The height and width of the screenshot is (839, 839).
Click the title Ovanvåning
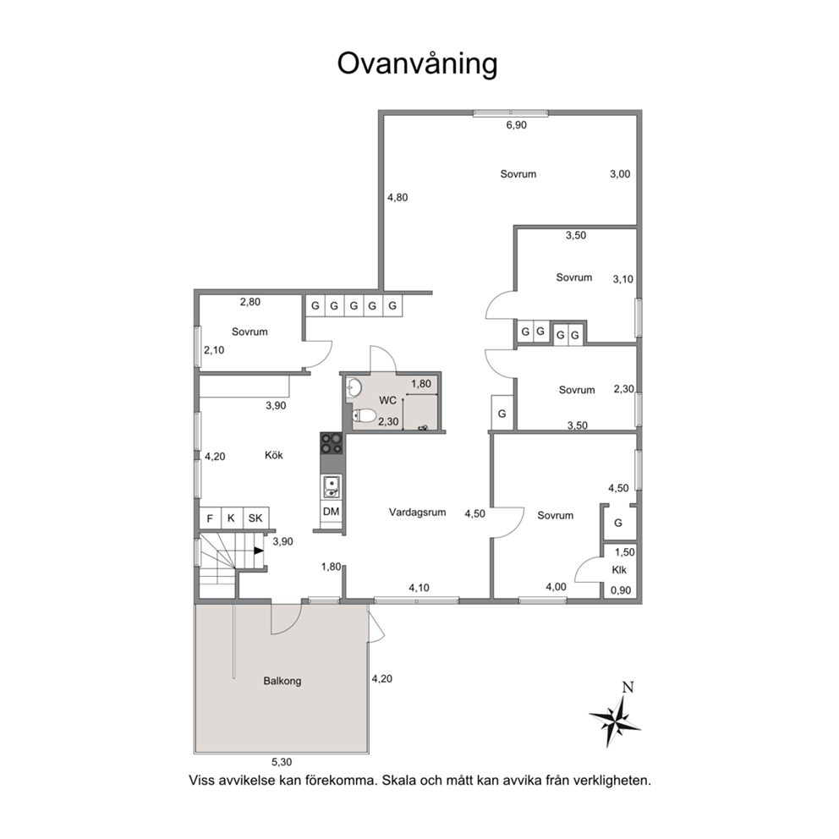pos(417,63)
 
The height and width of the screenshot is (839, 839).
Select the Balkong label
pos(282,681)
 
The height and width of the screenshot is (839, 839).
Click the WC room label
pos(387,400)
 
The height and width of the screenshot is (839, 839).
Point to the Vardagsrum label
pos(417,512)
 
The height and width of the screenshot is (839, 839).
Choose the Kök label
pos(274,455)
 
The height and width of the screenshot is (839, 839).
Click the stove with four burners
pos(332,443)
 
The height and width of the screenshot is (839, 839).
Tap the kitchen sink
pos(332,486)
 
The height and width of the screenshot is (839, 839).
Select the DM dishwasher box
pos(332,512)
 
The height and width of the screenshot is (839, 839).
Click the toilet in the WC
pos(364,414)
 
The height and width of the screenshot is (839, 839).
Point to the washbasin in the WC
pos(354,387)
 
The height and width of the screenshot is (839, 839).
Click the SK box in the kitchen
pos(255,518)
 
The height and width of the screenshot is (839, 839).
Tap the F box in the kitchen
pos(210,518)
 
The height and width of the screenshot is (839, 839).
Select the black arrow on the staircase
pos(259,551)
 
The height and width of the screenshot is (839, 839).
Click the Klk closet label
pos(619,570)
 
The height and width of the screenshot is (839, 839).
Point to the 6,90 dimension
pos(517,125)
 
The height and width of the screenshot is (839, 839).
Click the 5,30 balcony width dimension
pos(282,762)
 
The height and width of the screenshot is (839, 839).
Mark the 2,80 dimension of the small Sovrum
pos(250,302)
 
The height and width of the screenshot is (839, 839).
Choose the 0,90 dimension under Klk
pos(621,590)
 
